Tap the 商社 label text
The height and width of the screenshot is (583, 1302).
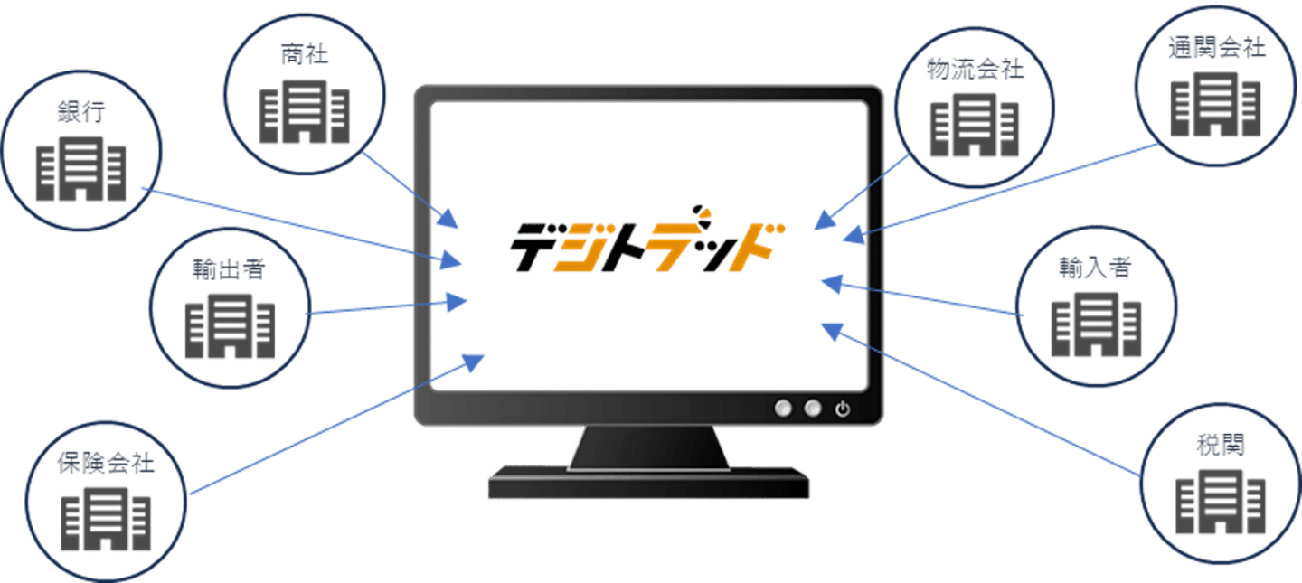pos(304,56)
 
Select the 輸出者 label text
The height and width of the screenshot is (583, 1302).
pos(228,270)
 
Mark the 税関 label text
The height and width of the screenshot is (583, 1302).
pos(1220,446)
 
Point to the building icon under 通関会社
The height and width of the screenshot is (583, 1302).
pos(1215,106)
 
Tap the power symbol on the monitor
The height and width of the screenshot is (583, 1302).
pos(843,409)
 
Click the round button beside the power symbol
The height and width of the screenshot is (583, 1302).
pos(813,409)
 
